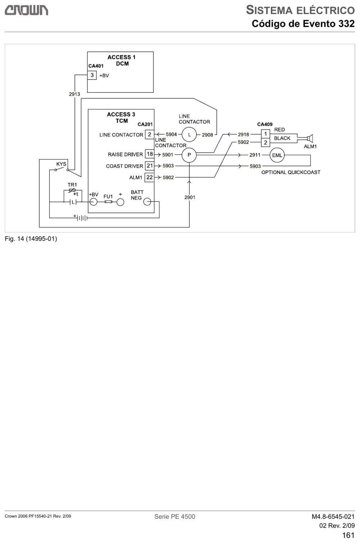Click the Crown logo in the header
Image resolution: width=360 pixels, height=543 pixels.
click(26, 10)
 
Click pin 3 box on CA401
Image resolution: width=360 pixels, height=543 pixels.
click(92, 75)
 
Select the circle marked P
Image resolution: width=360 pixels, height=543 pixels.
click(189, 155)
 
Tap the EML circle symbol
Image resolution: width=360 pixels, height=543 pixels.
click(277, 155)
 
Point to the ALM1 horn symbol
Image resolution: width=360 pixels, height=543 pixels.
click(310, 138)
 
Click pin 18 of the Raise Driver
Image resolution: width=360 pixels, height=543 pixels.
click(149, 154)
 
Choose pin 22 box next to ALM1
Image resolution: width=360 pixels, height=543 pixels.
click(149, 177)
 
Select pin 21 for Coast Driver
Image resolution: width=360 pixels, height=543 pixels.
click(149, 166)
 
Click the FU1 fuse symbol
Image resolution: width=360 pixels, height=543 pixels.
click(108, 202)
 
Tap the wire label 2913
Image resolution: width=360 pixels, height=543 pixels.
click(75, 94)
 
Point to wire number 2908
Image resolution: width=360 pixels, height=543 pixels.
click(207, 135)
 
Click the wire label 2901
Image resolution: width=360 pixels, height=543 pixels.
click(190, 197)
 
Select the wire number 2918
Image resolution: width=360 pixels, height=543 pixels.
click(243, 134)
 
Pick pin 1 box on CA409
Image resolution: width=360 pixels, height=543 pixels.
click(265, 134)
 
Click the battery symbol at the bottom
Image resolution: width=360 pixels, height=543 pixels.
click(81, 218)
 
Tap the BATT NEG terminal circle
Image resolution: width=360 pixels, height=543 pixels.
click(147, 202)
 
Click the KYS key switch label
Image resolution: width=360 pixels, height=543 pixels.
click(61, 164)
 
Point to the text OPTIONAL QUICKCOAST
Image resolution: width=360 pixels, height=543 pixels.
click(291, 172)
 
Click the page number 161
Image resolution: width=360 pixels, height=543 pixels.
click(348, 535)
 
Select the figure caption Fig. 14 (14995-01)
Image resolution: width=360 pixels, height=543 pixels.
click(31, 239)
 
